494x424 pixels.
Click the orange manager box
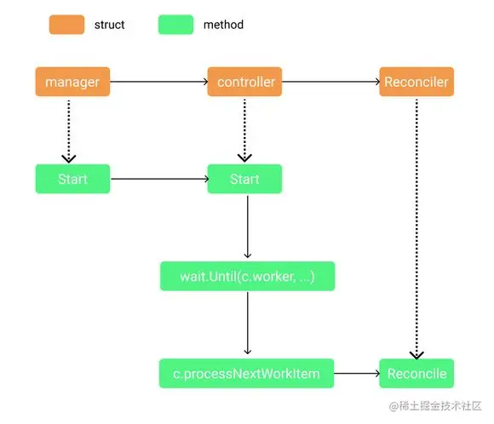[x=72, y=83]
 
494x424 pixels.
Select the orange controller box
[x=245, y=83]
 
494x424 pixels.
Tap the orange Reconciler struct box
[x=416, y=83]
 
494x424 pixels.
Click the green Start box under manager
[x=72, y=180]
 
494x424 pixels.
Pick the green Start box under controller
[x=244, y=180]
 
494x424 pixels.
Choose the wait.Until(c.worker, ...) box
[x=247, y=276]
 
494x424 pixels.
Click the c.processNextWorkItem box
[x=246, y=373]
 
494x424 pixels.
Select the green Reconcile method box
[x=416, y=373]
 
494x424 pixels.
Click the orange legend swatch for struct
[x=66, y=25]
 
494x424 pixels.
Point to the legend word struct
[x=110, y=25]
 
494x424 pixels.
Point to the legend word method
[x=223, y=25]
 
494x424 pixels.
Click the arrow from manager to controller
[x=159, y=83]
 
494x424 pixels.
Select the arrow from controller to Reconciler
[x=330, y=83]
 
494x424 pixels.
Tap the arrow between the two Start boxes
[x=159, y=180]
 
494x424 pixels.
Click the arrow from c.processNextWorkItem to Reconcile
[x=356, y=373]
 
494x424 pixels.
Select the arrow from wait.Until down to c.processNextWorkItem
[x=247, y=324]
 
